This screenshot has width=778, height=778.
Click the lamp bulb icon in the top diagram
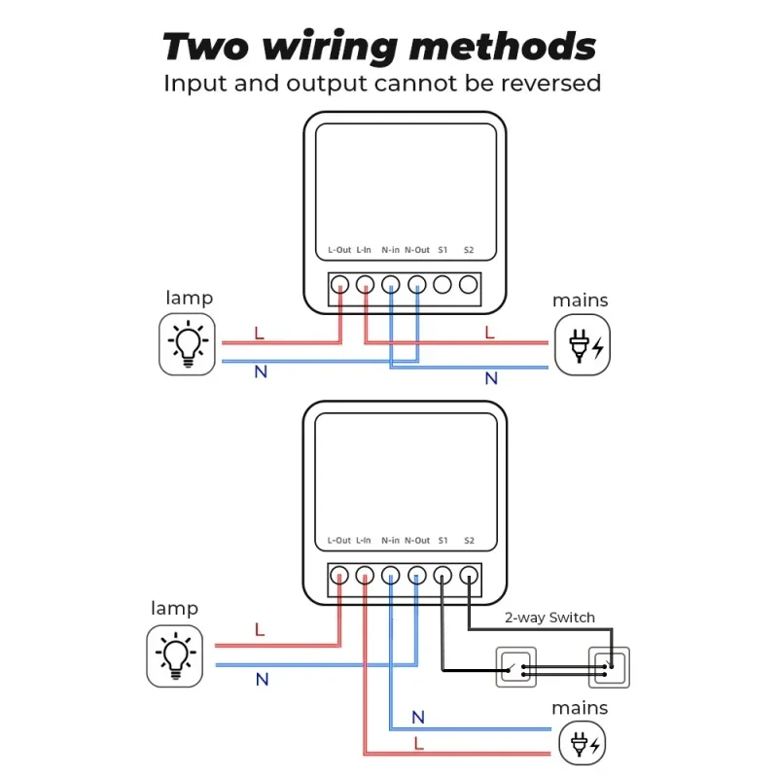pos(188,344)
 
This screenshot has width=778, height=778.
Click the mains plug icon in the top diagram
pos(583,344)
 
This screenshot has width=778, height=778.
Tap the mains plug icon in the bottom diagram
pos(583,747)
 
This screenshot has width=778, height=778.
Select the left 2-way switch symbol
pos(516,667)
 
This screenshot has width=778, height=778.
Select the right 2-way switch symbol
pos(609,667)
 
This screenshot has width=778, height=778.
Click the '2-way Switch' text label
pos(549,618)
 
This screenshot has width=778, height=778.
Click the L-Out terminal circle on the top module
pos(339,285)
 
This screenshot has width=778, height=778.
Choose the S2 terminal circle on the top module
pos(469,285)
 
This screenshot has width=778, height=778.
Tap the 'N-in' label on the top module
pos(391,250)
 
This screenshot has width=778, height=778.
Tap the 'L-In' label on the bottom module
pos(364,540)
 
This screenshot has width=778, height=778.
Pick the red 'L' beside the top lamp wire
pos(259,333)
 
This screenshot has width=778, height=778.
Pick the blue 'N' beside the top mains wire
pos(491,378)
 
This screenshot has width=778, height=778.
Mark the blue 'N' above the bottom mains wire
pos(418,718)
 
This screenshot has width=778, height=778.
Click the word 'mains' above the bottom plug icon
pos(581,708)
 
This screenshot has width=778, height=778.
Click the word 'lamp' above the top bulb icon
pos(189,298)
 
